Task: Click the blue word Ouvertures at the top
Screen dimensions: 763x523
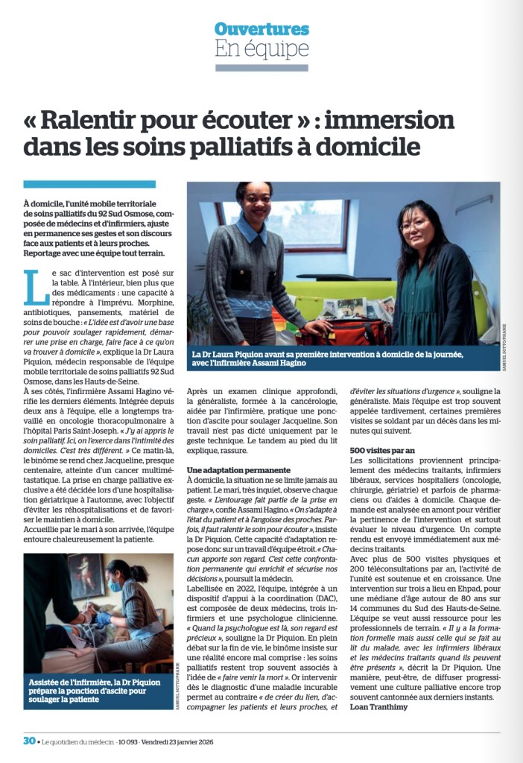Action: tap(261, 29)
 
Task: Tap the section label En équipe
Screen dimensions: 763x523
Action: tap(261, 49)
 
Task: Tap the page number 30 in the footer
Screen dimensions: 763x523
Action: tap(29, 741)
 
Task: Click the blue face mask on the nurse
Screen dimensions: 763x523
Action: tap(114, 586)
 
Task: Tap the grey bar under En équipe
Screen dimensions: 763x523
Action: tap(261, 68)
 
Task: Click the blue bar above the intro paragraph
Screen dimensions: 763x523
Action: tap(89, 184)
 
